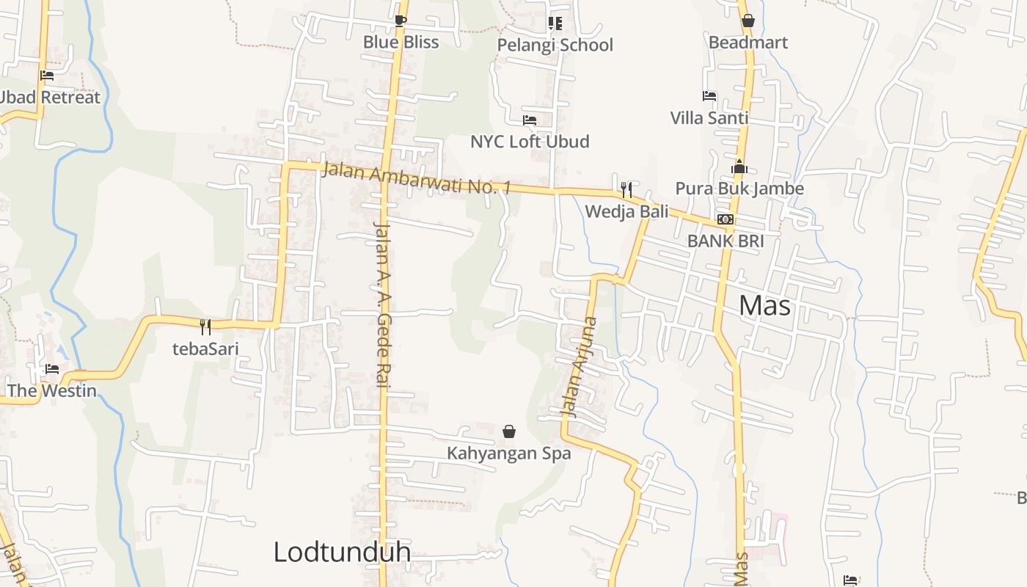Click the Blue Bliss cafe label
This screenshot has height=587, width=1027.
401,42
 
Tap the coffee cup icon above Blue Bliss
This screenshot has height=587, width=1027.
400,21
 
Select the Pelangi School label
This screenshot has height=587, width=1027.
555,45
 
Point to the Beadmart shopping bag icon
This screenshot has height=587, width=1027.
748,21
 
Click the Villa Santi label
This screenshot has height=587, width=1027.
709,117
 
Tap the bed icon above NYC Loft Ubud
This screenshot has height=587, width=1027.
530,120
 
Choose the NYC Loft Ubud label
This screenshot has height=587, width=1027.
530,141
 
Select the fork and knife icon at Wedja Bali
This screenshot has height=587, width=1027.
626,190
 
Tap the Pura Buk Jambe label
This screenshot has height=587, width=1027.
739,188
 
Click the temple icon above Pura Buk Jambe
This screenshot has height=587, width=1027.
739,167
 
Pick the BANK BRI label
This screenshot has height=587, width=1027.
726,241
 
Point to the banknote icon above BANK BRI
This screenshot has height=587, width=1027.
726,219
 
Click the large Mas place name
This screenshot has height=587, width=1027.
764,305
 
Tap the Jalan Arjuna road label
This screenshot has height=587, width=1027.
580,367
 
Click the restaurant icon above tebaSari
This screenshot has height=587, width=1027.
205,327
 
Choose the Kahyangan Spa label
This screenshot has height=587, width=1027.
508,453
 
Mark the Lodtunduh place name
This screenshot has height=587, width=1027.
342,552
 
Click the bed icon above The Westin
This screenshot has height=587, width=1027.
51,368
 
